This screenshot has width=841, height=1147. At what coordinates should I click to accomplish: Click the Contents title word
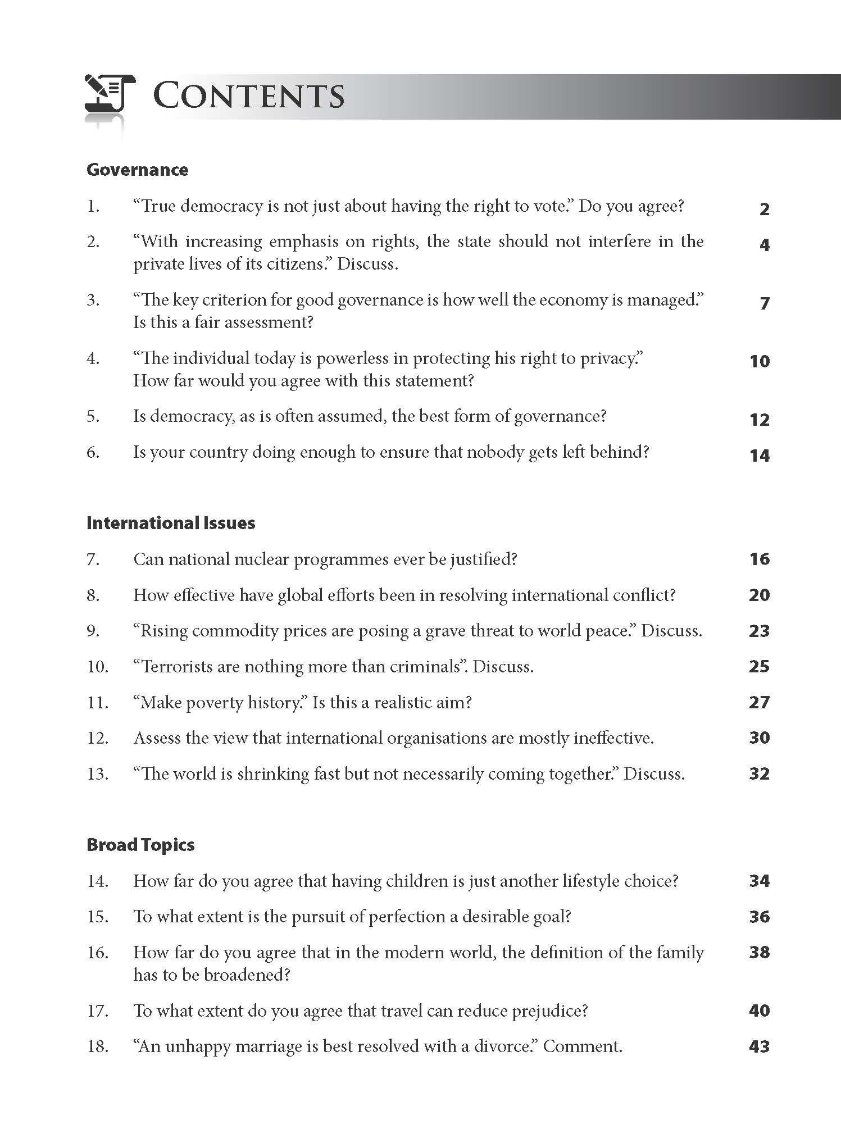pyautogui.click(x=249, y=95)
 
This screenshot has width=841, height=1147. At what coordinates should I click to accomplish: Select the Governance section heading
pyautogui.click(x=137, y=170)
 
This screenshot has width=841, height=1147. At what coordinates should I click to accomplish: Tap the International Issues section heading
pyautogui.click(x=171, y=523)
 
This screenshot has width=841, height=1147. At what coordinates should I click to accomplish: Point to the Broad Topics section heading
pyautogui.click(x=140, y=845)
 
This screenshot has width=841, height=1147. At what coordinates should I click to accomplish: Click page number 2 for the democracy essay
pyautogui.click(x=764, y=210)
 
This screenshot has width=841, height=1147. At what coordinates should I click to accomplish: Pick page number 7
pyautogui.click(x=764, y=303)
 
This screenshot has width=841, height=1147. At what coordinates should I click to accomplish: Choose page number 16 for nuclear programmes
pyautogui.click(x=759, y=559)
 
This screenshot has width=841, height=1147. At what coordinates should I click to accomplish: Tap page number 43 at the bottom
pyautogui.click(x=759, y=1046)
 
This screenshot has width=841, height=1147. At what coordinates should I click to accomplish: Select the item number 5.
pyautogui.click(x=93, y=417)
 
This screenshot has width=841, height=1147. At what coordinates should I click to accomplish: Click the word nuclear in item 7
pyautogui.click(x=261, y=559)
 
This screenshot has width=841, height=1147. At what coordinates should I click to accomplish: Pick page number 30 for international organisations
pyautogui.click(x=759, y=738)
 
